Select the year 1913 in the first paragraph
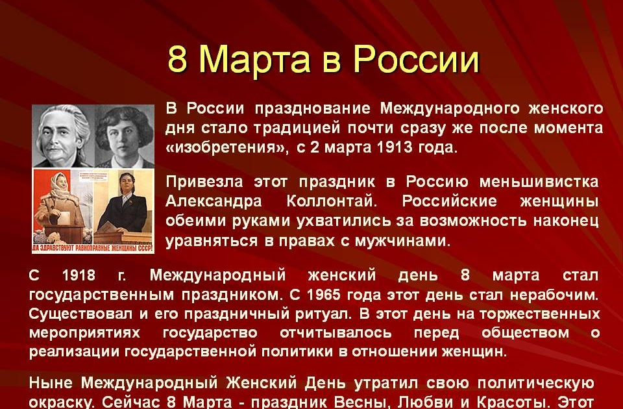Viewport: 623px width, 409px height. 398,147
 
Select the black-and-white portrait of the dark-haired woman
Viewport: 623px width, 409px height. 125,136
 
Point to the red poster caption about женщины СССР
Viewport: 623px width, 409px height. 93,247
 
